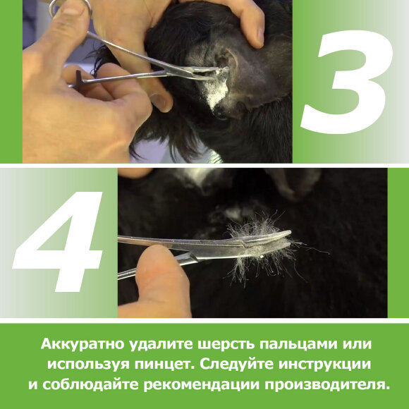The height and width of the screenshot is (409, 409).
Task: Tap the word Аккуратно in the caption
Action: (x=83, y=344)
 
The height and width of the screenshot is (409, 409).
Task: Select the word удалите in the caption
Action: (x=161, y=345)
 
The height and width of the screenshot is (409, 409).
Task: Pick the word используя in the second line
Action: (x=88, y=365)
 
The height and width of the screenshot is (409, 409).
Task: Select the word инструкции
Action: (x=324, y=365)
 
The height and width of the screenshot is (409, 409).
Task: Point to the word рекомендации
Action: (x=202, y=385)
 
